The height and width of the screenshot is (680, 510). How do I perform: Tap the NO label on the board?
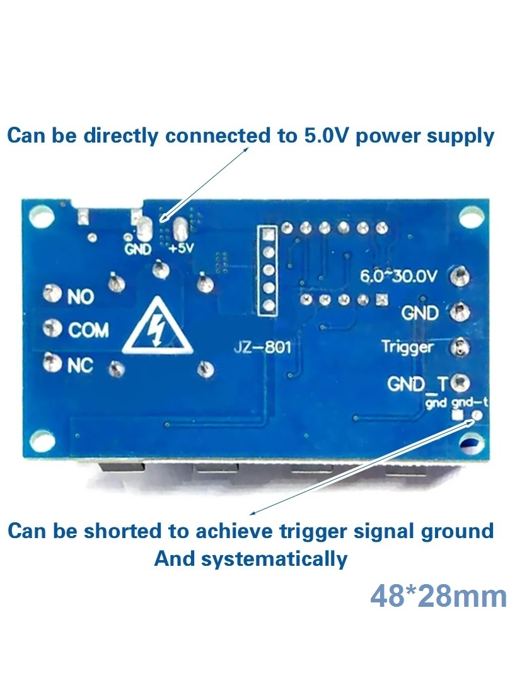[81, 297]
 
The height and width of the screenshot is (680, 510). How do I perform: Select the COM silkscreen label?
[88, 331]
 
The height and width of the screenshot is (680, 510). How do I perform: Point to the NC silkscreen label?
[80, 366]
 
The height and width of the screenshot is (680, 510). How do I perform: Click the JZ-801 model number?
[263, 347]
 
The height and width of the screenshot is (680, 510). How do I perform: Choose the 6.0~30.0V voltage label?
[398, 276]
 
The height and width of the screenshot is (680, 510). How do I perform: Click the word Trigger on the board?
[407, 347]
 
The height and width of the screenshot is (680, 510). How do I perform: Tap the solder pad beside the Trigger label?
[460, 348]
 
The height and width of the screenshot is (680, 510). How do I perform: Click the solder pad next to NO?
[52, 293]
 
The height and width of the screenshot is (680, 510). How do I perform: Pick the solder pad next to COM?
[52, 328]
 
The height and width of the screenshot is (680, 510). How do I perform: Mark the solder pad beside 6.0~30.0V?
[460, 276]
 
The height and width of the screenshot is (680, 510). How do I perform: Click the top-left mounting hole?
[41, 216]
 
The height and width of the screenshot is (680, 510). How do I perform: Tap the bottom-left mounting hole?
[41, 441]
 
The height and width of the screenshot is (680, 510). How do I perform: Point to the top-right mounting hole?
[472, 216]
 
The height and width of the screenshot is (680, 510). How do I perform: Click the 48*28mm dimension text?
[439, 596]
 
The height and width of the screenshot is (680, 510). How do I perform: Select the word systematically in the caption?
[274, 559]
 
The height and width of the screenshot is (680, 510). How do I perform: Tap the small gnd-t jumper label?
[470, 402]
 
